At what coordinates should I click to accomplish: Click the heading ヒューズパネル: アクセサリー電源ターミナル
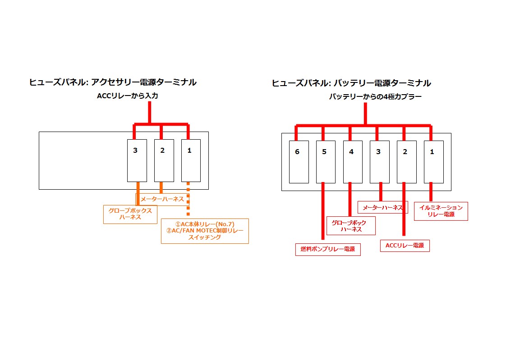click(x=113, y=82)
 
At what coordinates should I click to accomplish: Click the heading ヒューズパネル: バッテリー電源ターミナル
click(x=351, y=83)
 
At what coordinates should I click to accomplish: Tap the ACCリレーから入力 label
click(x=128, y=96)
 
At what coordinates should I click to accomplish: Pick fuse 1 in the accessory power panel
click(x=191, y=160)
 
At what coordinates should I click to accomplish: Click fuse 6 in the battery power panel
click(x=299, y=162)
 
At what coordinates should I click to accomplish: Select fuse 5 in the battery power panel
click(x=326, y=162)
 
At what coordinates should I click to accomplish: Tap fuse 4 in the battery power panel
click(x=353, y=162)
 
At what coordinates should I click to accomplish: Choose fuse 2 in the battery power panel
click(x=406, y=162)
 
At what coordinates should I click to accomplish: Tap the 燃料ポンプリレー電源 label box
click(x=328, y=250)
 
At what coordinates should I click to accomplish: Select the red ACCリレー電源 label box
click(x=405, y=246)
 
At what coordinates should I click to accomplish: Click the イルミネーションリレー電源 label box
click(x=441, y=211)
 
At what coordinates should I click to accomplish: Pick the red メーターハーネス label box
click(x=382, y=207)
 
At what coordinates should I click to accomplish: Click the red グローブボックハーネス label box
click(x=350, y=225)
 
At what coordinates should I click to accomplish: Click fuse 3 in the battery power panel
click(x=380, y=162)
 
